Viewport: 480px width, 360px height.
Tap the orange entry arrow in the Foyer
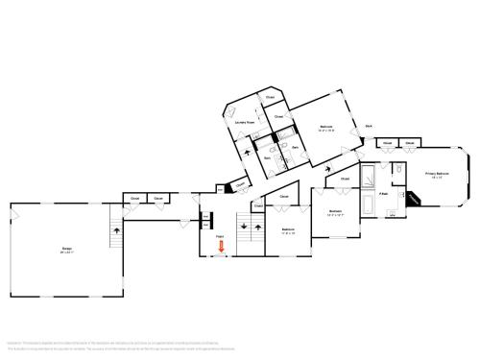pos(222,248)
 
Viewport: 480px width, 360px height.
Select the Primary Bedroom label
pos(439,175)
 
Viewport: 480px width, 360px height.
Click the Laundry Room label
pos(245,123)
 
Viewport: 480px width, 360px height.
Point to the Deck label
pos(368,127)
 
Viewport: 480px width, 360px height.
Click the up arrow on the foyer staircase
pos(257,228)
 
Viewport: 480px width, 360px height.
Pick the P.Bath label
pos(383,193)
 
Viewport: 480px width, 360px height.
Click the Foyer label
pos(220,235)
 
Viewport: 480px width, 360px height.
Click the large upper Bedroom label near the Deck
pos(325,127)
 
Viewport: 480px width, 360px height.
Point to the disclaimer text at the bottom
pos(192,343)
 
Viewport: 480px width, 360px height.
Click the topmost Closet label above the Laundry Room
pos(271,98)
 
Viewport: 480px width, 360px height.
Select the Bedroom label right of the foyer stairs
pos(288,230)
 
